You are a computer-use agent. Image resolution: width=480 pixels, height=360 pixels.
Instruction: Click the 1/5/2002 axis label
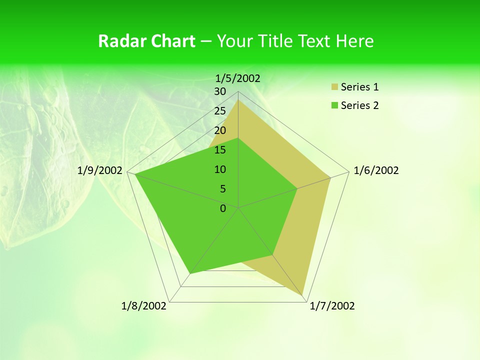click(237, 78)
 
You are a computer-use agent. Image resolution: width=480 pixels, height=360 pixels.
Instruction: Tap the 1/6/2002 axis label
click(376, 170)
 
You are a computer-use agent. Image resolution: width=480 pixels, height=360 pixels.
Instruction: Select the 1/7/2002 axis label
click(332, 306)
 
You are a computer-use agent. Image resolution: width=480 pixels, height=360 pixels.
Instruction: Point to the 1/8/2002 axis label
click(144, 306)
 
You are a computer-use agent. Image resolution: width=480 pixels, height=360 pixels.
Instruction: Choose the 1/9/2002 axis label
click(100, 170)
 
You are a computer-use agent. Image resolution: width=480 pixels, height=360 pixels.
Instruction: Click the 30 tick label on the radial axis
click(220, 91)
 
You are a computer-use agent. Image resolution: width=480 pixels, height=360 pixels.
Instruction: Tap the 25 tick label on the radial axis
click(220, 111)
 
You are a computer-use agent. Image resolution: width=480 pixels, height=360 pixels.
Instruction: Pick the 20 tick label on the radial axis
click(220, 130)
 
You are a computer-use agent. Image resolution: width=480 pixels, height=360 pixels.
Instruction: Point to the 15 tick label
click(220, 150)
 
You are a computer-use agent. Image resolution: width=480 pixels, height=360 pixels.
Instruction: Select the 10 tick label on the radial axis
click(220, 169)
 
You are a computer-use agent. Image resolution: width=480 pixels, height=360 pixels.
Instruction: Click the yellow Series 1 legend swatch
click(334, 87)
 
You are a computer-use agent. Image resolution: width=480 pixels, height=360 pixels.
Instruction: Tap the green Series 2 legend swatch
click(334, 105)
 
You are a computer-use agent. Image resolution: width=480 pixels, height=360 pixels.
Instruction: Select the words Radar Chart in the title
click(146, 41)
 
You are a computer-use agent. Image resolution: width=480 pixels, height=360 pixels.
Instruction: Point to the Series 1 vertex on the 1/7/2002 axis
click(302, 295)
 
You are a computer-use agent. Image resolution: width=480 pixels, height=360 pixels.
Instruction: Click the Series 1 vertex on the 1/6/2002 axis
click(330, 177)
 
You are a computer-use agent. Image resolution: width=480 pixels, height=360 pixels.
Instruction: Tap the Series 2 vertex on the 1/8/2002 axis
click(190, 273)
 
